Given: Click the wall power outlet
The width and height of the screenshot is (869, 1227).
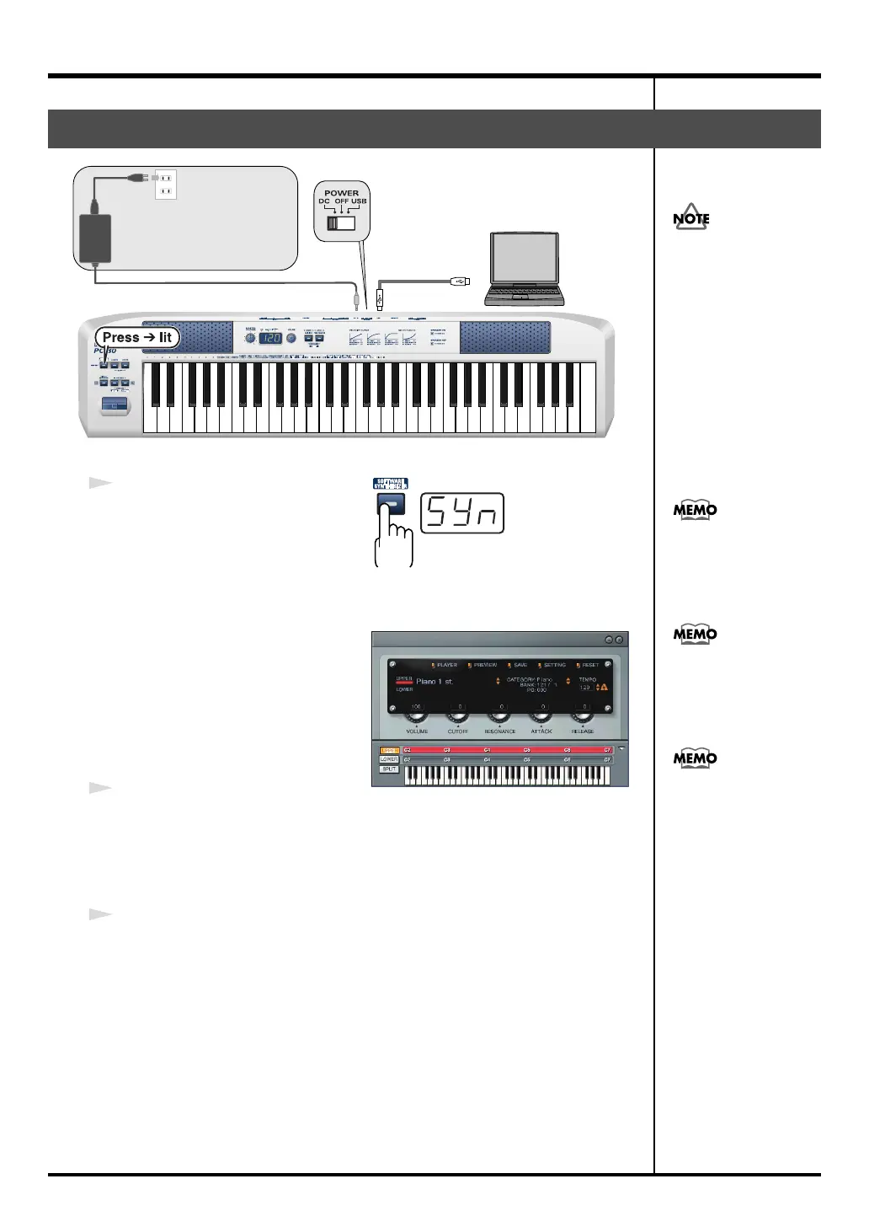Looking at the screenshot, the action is coord(166,184).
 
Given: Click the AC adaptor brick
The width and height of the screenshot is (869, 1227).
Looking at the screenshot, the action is coord(95,238).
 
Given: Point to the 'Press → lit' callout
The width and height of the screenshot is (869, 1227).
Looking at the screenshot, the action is coord(137,337).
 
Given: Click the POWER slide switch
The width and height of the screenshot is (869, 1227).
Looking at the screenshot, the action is coord(341,223).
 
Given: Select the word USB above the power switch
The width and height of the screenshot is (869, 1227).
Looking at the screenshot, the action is coord(360,201).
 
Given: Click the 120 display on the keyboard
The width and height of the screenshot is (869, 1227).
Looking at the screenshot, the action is coord(269,338).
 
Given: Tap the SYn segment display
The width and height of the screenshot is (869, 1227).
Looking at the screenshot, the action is coord(462,513).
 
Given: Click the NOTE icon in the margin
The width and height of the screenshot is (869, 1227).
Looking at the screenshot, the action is coord(691,217).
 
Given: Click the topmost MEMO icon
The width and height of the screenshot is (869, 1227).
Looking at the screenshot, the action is coord(695,510).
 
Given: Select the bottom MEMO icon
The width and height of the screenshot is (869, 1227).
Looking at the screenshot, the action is coord(695,758).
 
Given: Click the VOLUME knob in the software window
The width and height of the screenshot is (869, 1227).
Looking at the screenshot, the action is coord(416,717).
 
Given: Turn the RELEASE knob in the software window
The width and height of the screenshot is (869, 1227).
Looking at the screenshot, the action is coord(583,717).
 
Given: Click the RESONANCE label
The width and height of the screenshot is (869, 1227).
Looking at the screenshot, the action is coord(499,731).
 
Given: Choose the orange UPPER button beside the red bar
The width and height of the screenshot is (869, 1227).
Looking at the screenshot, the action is coord(389,750).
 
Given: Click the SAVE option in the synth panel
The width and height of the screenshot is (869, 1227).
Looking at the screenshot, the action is coord(520,665).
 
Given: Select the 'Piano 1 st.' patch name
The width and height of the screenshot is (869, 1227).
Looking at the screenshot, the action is coord(434,682).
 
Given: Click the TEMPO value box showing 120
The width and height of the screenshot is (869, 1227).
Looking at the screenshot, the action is coord(585,688).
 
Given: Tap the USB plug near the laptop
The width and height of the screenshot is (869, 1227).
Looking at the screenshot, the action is coord(462,281).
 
